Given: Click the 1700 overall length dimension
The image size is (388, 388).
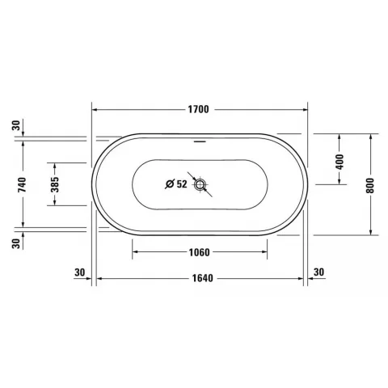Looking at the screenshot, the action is [x=198, y=109].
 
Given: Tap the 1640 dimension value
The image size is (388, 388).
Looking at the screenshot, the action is [x=203, y=278].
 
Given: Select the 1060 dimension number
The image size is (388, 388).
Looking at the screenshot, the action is [x=199, y=252].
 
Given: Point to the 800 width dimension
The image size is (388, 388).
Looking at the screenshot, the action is [x=370, y=186].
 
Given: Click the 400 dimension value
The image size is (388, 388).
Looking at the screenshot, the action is [x=340, y=162].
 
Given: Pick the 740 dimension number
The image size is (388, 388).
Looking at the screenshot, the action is [x=22, y=184].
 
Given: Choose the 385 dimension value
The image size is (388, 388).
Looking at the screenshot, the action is [x=55, y=184].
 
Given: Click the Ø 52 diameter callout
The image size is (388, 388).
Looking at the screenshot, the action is [x=176, y=184].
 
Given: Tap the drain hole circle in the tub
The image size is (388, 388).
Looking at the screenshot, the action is [x=200, y=185].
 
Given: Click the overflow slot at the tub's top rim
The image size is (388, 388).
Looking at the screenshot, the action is [x=200, y=141].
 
